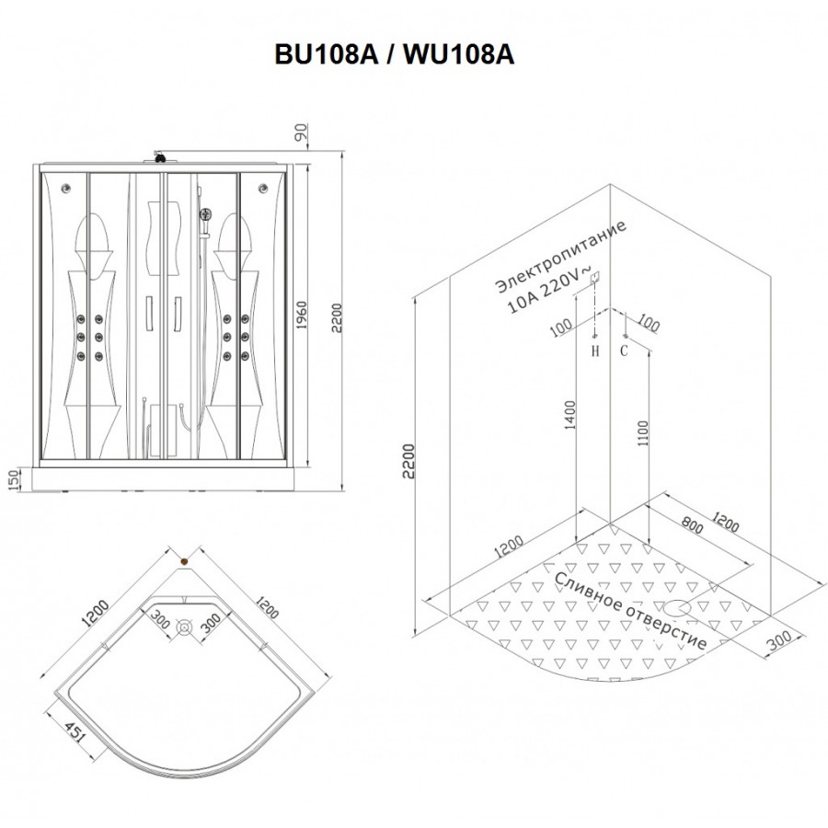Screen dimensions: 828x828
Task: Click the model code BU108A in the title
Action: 327,54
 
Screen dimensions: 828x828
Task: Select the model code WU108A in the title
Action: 459,54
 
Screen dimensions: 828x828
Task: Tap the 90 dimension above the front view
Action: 301,132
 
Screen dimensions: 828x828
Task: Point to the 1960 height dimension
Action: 301,316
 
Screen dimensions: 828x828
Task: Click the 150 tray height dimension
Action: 14,479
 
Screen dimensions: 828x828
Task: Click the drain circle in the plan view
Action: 184,627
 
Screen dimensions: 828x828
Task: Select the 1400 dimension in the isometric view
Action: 570,415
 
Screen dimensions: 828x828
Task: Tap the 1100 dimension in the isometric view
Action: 642,433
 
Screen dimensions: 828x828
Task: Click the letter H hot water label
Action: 595,351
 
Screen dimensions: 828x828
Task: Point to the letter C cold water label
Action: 624,351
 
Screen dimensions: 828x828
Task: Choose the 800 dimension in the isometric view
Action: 692,524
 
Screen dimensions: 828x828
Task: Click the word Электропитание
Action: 561,256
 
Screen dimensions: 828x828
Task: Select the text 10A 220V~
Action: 548,290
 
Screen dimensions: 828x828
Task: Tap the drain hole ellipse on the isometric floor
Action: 676,608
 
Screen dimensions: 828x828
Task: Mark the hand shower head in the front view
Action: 205,214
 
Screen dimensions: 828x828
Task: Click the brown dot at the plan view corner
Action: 184,562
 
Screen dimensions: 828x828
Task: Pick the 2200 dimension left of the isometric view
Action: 408,461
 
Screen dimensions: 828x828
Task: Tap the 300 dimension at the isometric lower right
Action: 779,642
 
